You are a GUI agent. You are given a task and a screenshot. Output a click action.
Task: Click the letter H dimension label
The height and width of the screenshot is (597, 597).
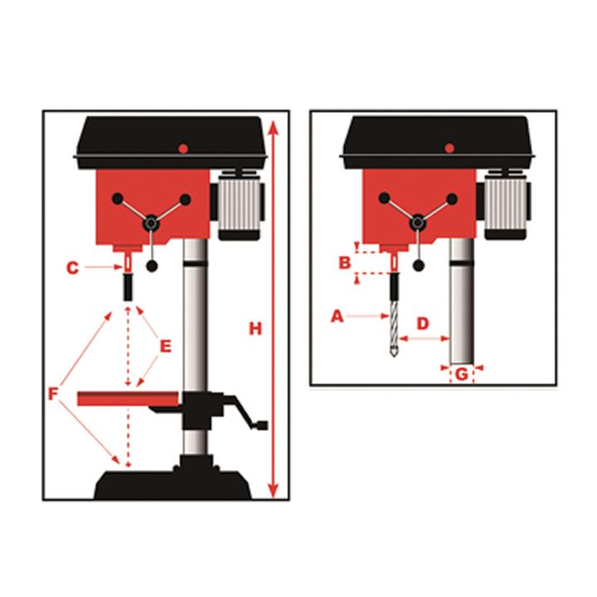click(x=255, y=328)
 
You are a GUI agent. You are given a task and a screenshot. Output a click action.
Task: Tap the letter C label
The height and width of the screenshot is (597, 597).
click(x=72, y=268)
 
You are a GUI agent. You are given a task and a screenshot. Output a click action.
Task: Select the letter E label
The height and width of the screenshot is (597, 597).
click(x=166, y=347)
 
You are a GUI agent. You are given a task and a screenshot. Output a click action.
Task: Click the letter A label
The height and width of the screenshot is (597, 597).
click(x=337, y=316)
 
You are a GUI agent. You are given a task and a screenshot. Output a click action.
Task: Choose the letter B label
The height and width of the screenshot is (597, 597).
click(x=345, y=263)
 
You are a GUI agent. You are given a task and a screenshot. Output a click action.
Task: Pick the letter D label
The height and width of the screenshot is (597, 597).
click(x=423, y=323)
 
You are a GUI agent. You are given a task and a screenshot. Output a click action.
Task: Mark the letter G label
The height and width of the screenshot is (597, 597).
click(x=462, y=374)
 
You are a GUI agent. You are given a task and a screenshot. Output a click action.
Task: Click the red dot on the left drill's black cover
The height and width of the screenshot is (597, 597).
click(x=183, y=148)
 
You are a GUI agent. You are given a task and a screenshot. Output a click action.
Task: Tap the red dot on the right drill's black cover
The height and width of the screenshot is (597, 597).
click(x=449, y=148)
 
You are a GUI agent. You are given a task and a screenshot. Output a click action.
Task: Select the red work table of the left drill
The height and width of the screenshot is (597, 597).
click(x=128, y=398)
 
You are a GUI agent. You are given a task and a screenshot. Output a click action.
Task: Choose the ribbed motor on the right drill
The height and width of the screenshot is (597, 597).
click(x=507, y=205)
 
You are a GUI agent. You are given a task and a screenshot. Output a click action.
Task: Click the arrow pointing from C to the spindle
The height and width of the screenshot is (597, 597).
click(x=104, y=267)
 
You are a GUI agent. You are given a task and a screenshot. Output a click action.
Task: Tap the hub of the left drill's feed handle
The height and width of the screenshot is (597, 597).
click(x=152, y=223)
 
